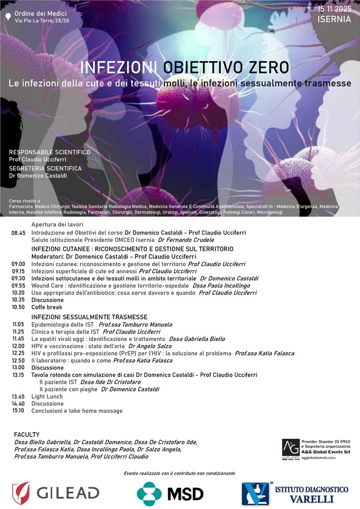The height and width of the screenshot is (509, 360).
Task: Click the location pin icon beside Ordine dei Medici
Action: coord(7,16)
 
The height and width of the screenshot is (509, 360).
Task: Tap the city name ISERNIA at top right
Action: coord(334,20)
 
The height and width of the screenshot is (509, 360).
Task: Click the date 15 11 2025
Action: coord(335,9)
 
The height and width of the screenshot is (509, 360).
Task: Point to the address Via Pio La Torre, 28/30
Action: coord(42,20)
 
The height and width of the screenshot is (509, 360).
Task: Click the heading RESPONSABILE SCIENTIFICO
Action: coord(49,152)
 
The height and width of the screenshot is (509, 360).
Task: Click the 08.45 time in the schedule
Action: coord(18,233)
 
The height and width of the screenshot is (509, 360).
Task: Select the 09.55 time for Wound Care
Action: coord(18,286)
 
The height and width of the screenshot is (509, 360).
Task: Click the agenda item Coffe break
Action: coord(47,307)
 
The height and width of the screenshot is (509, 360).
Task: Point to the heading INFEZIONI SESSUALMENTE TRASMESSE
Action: coord(89,317)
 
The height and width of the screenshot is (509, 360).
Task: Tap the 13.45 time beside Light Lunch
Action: coord(18,397)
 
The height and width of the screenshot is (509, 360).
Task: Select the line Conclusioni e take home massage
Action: coord(77,411)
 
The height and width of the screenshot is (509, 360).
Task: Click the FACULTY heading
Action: coord(27,434)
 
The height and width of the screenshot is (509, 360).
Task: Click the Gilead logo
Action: coord(56,493)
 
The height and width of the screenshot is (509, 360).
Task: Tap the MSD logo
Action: coord(171,493)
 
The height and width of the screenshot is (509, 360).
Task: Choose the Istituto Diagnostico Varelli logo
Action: coord(295,494)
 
